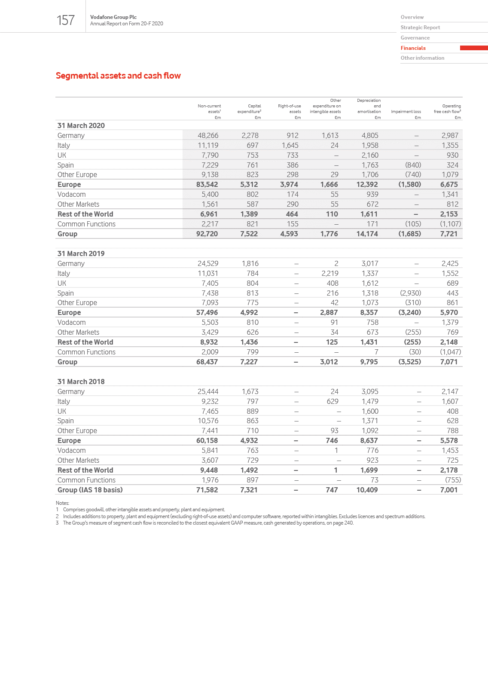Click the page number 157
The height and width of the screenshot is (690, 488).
66,20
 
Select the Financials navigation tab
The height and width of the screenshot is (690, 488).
413,48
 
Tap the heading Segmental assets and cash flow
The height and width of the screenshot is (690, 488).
118,76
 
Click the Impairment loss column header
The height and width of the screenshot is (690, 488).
406,112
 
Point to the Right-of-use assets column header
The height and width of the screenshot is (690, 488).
290,109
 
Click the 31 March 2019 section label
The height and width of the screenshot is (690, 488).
81,253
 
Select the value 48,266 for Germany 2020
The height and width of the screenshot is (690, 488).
208,135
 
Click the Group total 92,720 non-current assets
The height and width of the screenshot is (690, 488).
207,234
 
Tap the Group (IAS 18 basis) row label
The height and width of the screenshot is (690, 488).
90,490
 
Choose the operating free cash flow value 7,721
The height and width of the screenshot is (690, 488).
449,234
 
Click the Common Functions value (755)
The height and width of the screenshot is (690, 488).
453,480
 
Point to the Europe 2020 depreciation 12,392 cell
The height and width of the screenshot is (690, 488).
367,184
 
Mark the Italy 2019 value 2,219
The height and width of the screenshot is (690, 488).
330,273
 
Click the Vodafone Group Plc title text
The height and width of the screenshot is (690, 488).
113,17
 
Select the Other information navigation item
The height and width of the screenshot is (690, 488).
422,58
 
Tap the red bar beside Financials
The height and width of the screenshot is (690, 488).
473,48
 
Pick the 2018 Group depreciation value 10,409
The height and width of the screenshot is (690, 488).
367,490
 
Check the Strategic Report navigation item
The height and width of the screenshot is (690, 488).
420,27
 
